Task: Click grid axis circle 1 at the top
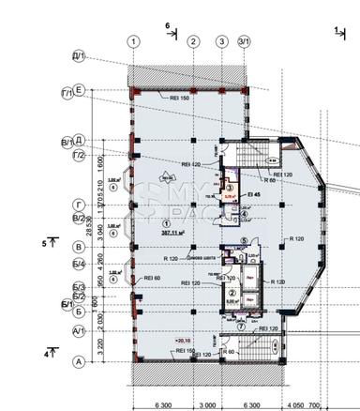[x=135, y=42]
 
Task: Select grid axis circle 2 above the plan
[x=193, y=42]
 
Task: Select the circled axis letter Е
[x=81, y=90]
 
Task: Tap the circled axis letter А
[x=81, y=360]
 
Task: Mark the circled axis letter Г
[x=81, y=202]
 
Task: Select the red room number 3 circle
[x=230, y=188]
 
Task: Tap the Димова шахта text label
[x=204, y=257]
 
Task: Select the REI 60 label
[x=152, y=279]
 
